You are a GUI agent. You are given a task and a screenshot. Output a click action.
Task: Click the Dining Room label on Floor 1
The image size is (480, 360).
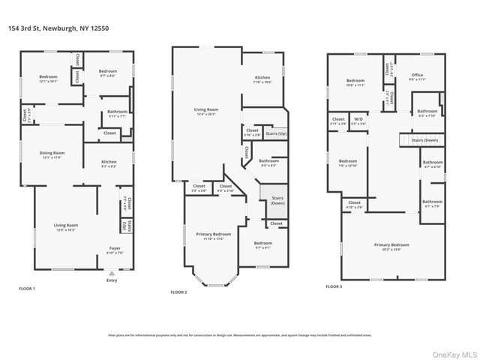point(52,154)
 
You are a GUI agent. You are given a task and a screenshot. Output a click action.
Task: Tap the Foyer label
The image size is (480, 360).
point(115,248)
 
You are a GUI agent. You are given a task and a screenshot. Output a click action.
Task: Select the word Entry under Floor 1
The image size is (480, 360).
point(112,282)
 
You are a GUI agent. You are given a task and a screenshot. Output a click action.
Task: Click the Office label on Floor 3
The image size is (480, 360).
point(417,75)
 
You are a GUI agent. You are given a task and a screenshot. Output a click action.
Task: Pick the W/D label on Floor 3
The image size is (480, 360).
point(358,119)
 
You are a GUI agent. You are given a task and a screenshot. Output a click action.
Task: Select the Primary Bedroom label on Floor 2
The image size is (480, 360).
point(213,235)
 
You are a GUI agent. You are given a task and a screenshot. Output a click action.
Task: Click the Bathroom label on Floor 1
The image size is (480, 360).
point(118,112)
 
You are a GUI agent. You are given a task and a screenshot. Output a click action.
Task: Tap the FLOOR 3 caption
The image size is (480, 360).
point(334,286)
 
